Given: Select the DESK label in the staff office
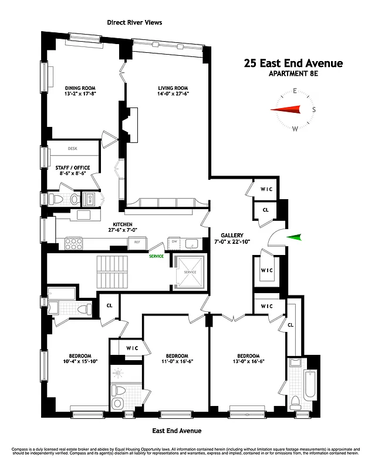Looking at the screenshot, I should (x=73, y=149).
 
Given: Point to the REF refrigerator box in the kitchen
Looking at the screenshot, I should (x=137, y=241).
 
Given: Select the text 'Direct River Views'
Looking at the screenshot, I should (x=134, y=22).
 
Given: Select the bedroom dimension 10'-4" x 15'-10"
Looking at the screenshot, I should (x=80, y=362).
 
